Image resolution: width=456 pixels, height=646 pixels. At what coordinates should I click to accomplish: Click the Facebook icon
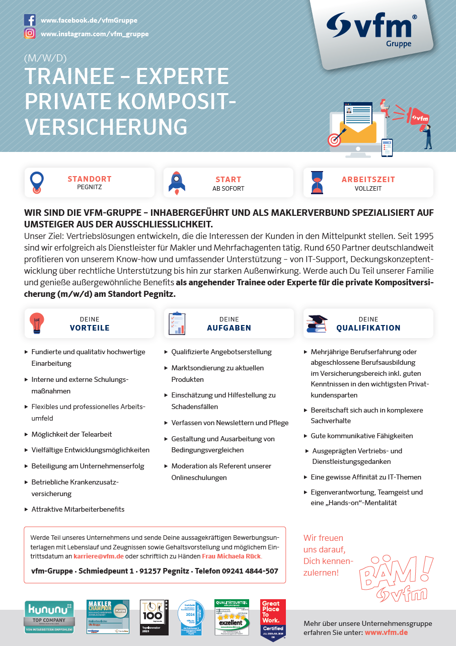click(30, 20)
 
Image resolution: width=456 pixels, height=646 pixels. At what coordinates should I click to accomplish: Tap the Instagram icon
click(30, 34)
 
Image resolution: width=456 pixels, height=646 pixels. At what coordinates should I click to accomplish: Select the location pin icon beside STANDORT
click(37, 183)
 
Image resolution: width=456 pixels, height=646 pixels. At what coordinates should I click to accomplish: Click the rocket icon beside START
click(177, 183)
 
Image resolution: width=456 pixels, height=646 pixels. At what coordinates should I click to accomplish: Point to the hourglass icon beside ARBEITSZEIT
click(317, 183)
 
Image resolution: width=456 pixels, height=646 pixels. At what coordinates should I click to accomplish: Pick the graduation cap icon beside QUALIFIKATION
click(317, 324)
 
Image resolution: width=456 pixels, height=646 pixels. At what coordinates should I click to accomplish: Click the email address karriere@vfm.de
click(99, 556)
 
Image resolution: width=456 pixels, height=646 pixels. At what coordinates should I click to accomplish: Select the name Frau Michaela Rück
click(232, 556)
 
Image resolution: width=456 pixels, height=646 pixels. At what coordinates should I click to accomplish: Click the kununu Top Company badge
click(49, 617)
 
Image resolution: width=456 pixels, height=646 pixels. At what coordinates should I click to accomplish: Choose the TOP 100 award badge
click(154, 617)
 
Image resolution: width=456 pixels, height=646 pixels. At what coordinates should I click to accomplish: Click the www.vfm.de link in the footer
click(386, 632)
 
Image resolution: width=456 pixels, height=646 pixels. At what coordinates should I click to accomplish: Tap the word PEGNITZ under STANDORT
click(90, 187)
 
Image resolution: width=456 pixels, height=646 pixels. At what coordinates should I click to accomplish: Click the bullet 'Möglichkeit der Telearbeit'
click(71, 434)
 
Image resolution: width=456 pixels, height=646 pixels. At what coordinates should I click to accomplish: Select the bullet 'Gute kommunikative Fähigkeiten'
click(361, 436)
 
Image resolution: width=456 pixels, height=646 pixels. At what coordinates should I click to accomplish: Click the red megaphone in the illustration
click(417, 117)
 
